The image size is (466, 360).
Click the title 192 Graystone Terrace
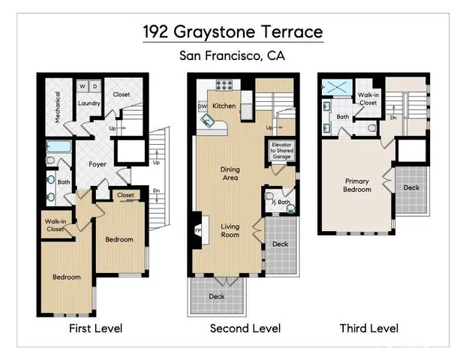coord(233,32)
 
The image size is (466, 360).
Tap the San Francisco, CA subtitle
coord(233,55)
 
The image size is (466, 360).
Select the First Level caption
coord(95,328)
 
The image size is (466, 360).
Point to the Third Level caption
coord(368,328)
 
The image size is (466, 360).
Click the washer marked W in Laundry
coord(82,85)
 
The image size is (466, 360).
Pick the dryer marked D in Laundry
coord(95,85)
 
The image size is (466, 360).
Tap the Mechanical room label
coord(56,105)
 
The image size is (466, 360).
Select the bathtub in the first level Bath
coord(57,148)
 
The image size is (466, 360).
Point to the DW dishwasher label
coord(202,107)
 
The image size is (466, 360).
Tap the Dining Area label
coord(230,173)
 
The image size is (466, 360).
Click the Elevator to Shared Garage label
coord(283,149)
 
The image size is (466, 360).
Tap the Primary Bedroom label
coord(357,184)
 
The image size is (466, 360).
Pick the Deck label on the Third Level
coord(411,187)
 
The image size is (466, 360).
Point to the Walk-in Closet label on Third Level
coord(368,98)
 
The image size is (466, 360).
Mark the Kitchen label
coord(224,106)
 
